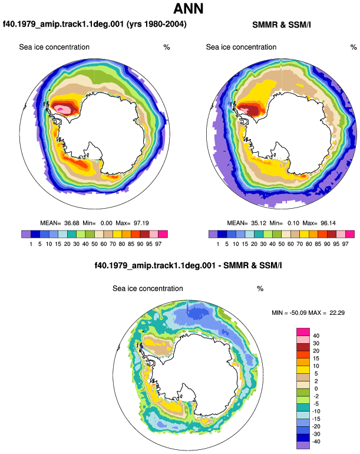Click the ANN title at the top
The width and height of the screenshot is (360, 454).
(189, 8)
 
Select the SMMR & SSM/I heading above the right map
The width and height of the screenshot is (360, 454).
(281, 25)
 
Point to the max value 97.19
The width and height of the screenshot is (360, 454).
(141, 223)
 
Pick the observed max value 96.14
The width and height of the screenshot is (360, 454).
(328, 223)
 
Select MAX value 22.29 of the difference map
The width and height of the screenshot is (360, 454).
(337, 312)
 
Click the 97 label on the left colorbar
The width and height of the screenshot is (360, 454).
(158, 244)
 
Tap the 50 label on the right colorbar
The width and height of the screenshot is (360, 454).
(281, 244)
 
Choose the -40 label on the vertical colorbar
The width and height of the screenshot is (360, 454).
(316, 442)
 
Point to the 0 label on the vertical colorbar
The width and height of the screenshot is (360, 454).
(316, 389)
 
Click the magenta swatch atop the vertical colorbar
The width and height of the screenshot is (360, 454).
(303, 332)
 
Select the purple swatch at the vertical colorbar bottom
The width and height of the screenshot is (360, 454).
(303, 445)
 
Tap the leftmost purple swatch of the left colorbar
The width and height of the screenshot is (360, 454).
(26, 234)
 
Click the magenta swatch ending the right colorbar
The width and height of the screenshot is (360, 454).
(350, 234)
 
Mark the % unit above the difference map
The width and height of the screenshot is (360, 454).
(260, 289)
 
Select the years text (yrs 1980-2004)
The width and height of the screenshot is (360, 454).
(157, 24)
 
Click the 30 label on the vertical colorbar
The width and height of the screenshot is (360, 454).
(316, 343)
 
